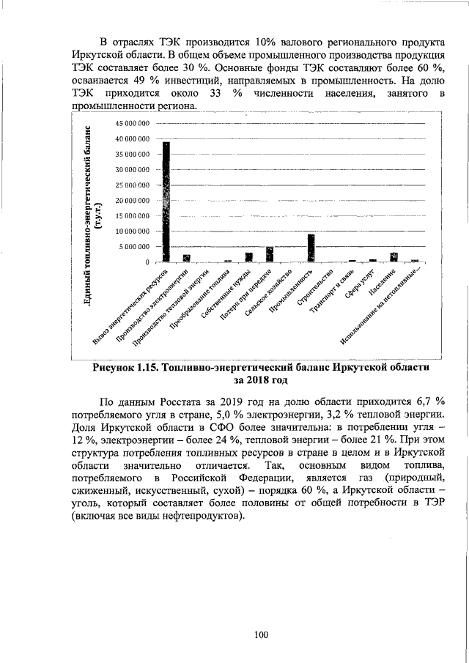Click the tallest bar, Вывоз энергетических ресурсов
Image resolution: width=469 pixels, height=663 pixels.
(166, 201)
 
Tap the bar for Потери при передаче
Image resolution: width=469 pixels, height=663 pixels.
(270, 254)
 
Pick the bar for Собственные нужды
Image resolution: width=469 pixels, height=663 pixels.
(249, 257)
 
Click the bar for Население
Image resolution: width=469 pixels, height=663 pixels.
(394, 257)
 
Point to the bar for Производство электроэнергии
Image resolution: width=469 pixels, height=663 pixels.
(187, 258)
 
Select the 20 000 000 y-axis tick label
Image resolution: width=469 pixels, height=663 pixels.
(133, 200)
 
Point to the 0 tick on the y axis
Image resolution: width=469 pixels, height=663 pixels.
(148, 262)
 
